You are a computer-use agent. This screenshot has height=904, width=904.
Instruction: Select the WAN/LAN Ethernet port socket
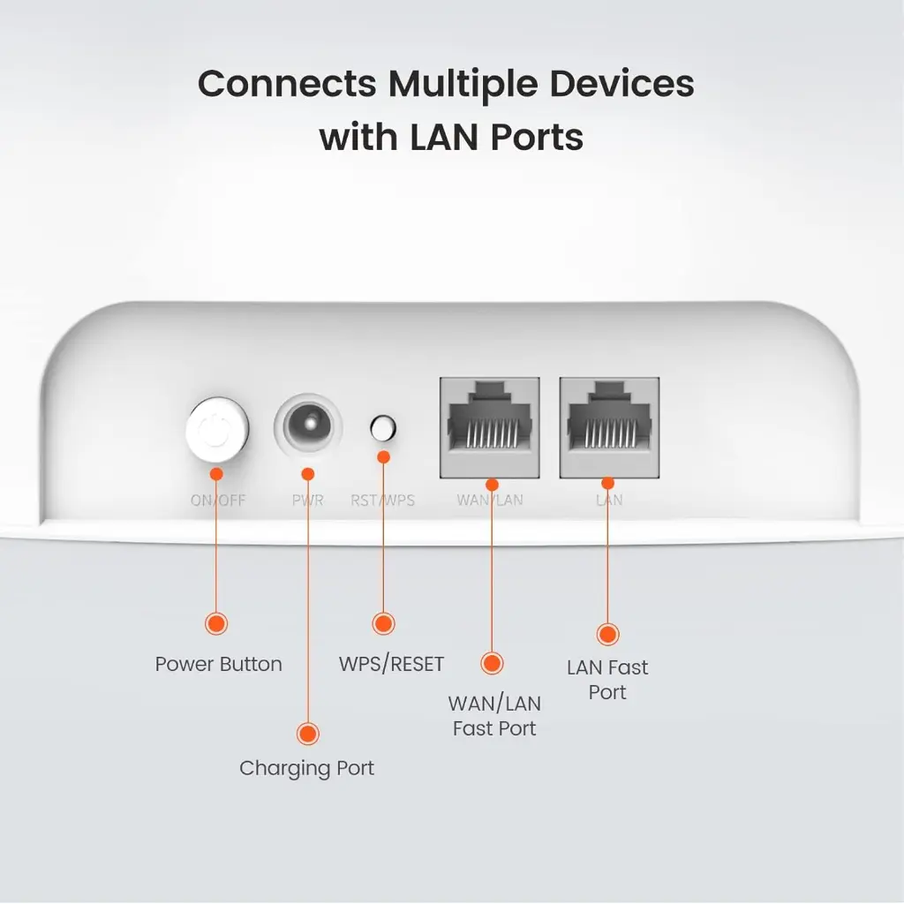489,427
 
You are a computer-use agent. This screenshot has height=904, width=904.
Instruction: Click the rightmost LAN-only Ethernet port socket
608,427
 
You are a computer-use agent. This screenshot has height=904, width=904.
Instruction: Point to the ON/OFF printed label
218,501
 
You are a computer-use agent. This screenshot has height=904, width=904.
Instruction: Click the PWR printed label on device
307,501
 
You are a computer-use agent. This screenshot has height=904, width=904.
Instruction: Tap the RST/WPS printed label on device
382,501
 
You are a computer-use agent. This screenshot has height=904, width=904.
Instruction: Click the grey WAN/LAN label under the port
490,501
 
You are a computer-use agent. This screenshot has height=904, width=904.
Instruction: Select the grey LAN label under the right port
609,501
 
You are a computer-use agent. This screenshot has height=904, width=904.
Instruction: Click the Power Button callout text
218,665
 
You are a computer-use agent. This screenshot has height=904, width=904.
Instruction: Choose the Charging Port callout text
306,769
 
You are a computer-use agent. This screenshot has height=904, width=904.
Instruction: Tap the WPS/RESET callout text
391,665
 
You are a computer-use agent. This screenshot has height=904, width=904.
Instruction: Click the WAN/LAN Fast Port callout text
494,716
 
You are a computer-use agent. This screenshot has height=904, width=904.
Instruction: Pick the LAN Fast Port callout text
607,680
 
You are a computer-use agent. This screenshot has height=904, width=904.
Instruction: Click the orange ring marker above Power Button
216,623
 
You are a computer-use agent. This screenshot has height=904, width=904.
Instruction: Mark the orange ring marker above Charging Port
307,734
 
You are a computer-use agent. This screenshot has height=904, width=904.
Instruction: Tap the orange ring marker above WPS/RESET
383,623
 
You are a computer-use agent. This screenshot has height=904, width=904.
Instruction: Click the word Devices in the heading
621,84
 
